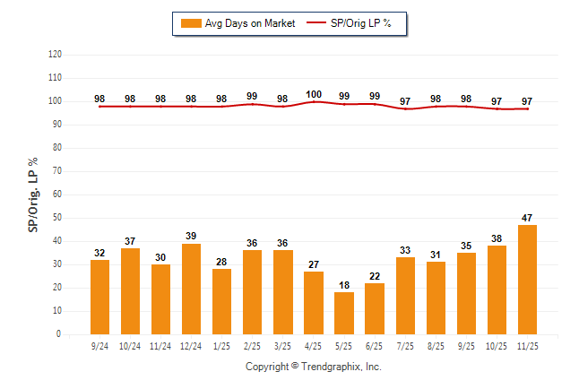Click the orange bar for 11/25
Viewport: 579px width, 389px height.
pyautogui.click(x=527, y=279)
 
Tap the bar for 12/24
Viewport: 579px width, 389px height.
pyautogui.click(x=192, y=289)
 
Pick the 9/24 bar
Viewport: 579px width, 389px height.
pyautogui.click(x=99, y=297)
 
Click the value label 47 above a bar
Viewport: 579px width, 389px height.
pyautogui.click(x=527, y=218)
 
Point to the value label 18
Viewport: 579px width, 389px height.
pyautogui.click(x=344, y=285)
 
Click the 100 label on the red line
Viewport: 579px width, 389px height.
pyautogui.click(x=314, y=94)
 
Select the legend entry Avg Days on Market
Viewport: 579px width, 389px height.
pyautogui.click(x=238, y=23)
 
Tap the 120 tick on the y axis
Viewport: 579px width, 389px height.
pyautogui.click(x=55, y=55)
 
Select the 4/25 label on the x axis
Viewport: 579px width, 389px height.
pyautogui.click(x=314, y=343)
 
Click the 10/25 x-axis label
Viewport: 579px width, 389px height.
pyautogui.click(x=497, y=343)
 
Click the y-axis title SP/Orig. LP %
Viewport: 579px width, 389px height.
pyautogui.click(x=33, y=194)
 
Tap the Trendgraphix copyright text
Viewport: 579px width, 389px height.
pyautogui.click(x=314, y=367)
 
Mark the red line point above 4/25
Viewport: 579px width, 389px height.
pyautogui.click(x=314, y=102)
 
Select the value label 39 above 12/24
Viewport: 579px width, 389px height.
pyautogui.click(x=192, y=237)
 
